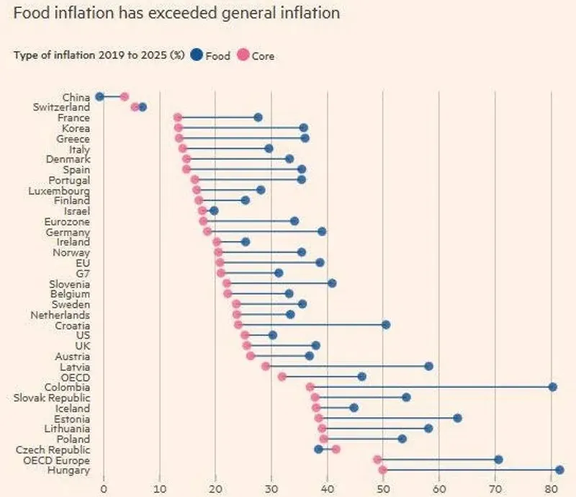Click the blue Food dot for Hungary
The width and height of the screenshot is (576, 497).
click(x=559, y=470)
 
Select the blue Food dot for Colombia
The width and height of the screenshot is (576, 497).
click(x=552, y=387)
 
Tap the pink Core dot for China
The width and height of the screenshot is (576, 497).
click(x=124, y=97)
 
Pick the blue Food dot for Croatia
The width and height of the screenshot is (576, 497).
click(x=385, y=325)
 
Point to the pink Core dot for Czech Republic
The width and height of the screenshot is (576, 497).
click(x=336, y=449)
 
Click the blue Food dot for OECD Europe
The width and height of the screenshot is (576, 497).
click(x=498, y=460)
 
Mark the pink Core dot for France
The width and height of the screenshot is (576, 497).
click(x=178, y=117)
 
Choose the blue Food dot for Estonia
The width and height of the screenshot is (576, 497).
click(x=457, y=418)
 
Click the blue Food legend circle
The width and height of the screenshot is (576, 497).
click(x=197, y=55)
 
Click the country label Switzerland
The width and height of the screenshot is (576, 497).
click(x=61, y=107)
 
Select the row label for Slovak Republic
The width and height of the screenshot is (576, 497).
click(x=52, y=398)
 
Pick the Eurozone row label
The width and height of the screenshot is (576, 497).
click(x=67, y=221)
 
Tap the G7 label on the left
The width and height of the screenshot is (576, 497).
click(x=82, y=273)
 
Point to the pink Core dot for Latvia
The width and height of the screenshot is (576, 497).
click(x=266, y=366)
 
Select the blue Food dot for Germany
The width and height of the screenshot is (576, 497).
click(x=322, y=231)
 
